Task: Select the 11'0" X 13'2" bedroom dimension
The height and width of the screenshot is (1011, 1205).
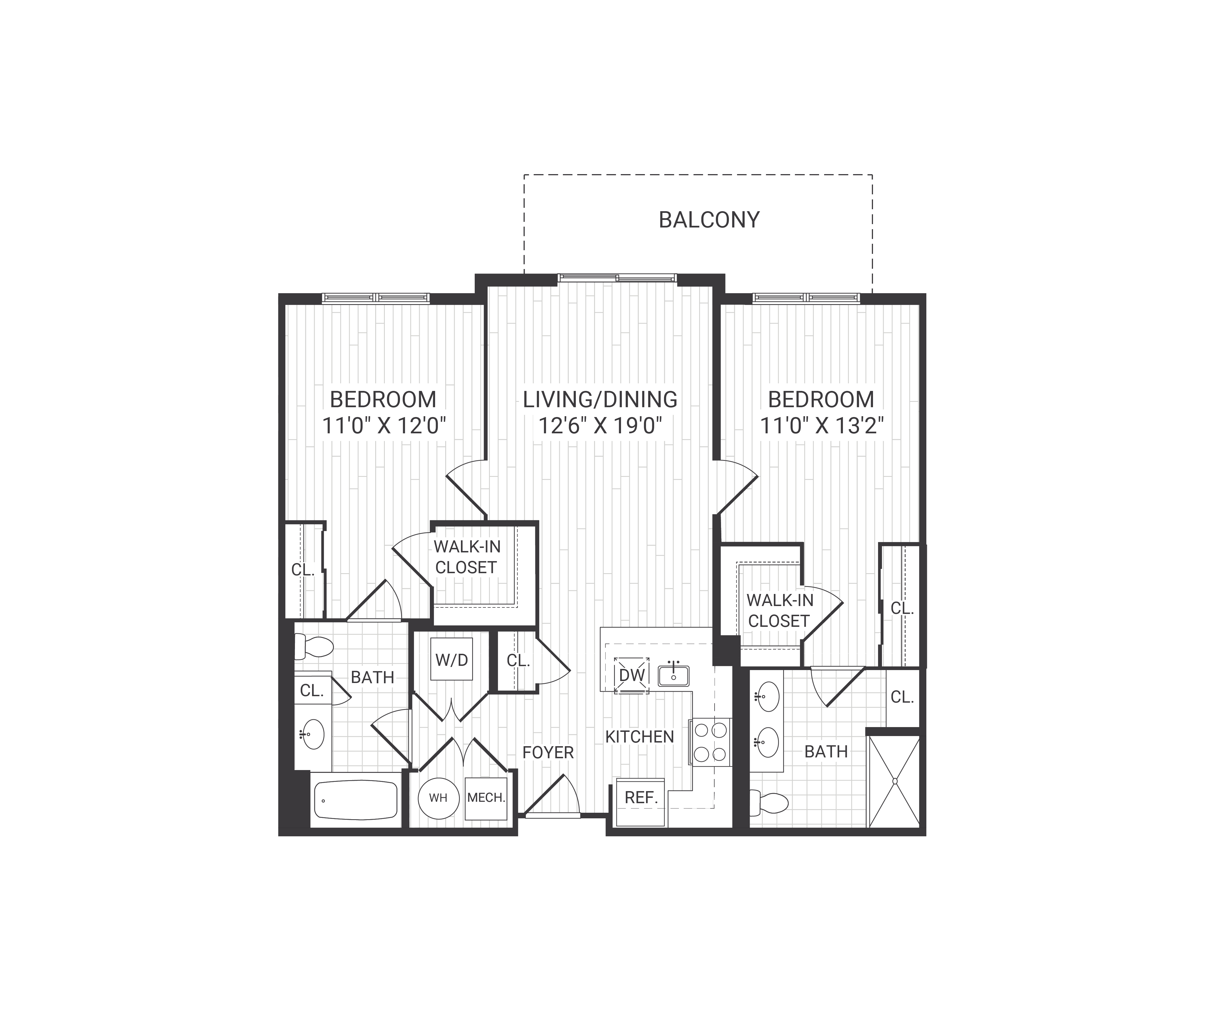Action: point(821,426)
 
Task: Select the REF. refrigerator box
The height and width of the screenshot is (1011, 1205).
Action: point(640,801)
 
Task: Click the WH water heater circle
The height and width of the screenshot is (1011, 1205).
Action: point(438,798)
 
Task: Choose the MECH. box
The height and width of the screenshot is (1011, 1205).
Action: point(486,798)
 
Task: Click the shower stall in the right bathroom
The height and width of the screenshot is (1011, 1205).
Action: point(895,782)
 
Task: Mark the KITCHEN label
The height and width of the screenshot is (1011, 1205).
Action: point(639,737)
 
